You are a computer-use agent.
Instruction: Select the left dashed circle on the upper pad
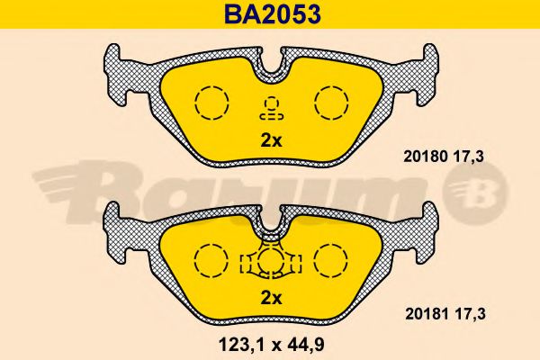(x=211, y=102)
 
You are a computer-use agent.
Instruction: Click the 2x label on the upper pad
(x=271, y=140)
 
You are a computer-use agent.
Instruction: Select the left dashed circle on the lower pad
(x=211, y=261)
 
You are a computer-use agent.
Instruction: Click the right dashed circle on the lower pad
(x=330, y=261)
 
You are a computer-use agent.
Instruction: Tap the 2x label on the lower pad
(x=271, y=299)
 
